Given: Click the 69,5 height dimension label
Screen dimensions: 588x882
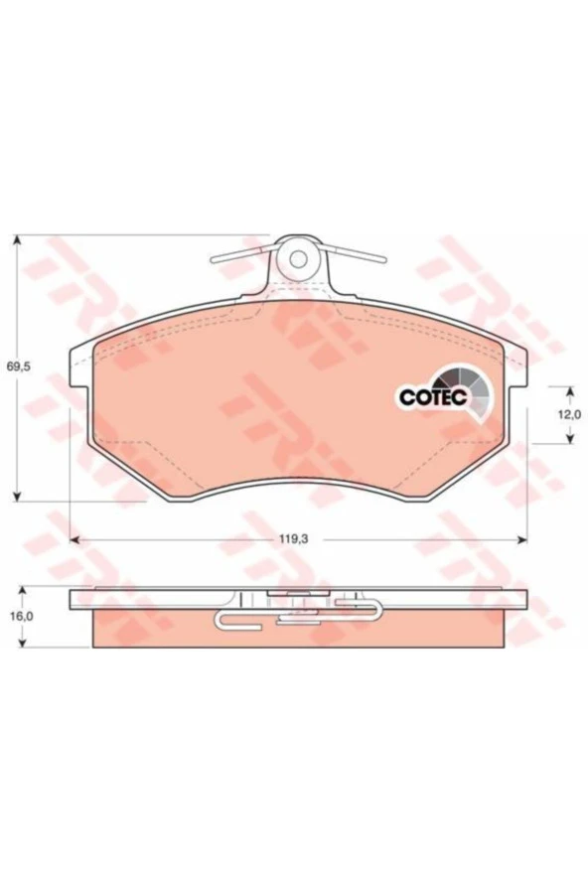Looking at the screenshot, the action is point(18,367).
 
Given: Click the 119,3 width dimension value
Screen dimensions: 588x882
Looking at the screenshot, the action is point(294,539).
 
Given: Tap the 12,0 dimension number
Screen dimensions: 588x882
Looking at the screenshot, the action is point(569,415).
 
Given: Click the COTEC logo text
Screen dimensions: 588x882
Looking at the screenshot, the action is point(433,396).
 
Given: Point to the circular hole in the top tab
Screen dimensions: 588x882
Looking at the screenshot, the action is point(298,259).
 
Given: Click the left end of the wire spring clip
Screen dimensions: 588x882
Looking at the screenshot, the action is point(214,260).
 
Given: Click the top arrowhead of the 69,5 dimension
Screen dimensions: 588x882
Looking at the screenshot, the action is point(18,240).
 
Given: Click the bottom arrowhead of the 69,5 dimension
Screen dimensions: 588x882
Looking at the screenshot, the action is point(18,495).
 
